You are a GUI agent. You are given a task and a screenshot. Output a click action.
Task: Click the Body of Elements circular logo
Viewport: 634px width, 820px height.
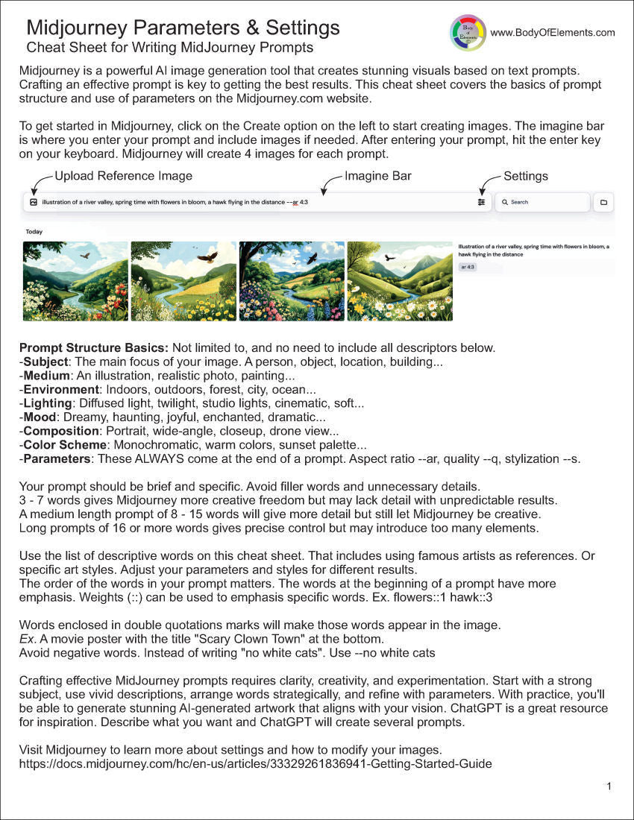(468, 33)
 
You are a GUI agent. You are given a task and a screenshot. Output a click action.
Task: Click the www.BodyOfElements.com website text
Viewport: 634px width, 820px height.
(553, 33)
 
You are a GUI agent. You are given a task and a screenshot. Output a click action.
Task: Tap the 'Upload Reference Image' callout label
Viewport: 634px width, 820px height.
(124, 177)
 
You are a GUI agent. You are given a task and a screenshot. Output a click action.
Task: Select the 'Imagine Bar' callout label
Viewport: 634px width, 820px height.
(378, 177)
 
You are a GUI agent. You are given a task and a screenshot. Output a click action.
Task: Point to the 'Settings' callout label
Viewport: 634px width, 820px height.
(526, 177)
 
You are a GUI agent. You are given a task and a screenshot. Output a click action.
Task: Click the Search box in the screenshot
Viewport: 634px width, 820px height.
(542, 202)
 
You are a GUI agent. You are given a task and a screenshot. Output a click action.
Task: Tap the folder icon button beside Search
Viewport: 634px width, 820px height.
(603, 202)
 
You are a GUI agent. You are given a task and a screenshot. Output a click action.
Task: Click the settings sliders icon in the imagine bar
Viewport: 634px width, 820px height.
(482, 202)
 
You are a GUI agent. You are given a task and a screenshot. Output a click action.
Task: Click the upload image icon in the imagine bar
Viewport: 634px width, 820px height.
(34, 202)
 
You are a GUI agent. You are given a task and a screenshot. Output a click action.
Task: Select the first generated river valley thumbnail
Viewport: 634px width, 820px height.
(75, 281)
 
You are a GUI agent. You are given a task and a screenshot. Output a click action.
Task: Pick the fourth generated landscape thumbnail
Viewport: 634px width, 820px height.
(400, 281)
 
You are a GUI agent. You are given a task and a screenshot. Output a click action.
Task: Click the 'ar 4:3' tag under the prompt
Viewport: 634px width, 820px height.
(468, 266)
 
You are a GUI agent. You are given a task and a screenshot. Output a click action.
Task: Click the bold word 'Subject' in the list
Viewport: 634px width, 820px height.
(45, 362)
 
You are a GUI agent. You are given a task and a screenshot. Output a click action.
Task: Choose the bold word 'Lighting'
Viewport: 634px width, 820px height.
(48, 403)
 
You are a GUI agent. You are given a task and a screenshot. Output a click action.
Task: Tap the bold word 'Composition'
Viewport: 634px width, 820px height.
(61, 431)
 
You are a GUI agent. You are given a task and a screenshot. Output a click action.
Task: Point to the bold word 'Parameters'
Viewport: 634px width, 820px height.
(57, 458)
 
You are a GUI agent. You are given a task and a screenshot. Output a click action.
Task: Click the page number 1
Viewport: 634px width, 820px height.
(609, 786)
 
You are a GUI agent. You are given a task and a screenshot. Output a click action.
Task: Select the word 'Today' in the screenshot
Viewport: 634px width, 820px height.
(34, 232)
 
